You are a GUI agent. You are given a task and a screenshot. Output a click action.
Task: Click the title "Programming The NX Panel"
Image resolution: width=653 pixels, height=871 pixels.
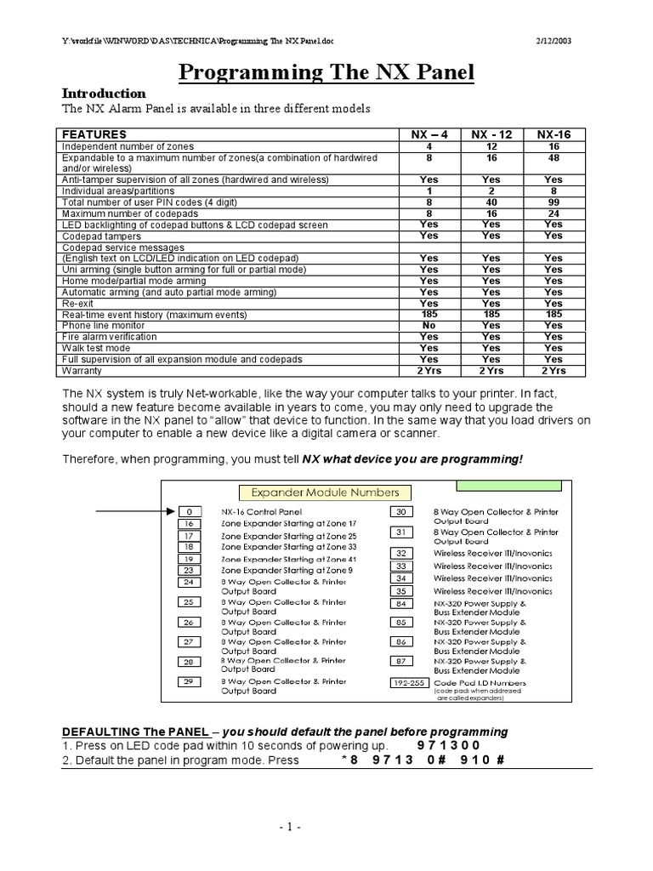(326, 74)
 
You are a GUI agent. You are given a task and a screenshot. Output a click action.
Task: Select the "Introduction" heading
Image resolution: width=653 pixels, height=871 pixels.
(105, 94)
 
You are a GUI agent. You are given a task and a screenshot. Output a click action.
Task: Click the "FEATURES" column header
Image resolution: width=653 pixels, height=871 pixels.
(94, 134)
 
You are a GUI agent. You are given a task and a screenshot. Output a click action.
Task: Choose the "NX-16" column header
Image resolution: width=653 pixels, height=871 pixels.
(553, 134)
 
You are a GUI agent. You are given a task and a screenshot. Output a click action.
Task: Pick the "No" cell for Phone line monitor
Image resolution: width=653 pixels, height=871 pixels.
(429, 325)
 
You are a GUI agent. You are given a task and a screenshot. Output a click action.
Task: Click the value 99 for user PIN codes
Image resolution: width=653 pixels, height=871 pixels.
(553, 202)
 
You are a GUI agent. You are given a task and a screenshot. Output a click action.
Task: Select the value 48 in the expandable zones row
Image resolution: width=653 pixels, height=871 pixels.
(553, 158)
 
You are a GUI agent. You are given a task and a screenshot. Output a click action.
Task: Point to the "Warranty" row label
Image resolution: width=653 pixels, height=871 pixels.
(82, 370)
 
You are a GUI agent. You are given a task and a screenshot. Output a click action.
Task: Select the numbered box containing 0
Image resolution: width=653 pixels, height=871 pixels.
(189, 512)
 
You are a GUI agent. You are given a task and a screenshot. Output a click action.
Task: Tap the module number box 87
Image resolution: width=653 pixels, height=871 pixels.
(401, 662)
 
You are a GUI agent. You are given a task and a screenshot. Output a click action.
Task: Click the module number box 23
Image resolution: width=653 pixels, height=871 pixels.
(189, 570)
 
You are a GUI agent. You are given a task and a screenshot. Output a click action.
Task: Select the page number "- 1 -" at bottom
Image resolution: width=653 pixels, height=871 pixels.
(326, 826)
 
